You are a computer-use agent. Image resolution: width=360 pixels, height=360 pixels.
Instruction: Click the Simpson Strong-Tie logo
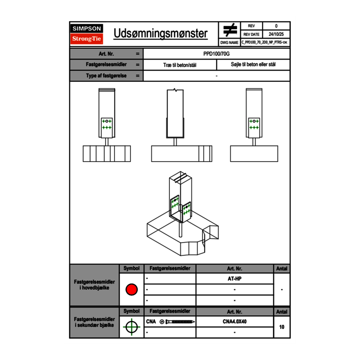87,34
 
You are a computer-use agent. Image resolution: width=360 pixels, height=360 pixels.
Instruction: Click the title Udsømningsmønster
160,34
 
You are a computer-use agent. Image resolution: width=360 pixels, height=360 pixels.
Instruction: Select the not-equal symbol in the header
230,30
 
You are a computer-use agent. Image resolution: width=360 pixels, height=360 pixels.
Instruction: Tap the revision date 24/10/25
276,34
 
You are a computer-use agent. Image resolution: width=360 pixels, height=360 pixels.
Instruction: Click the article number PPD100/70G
217,54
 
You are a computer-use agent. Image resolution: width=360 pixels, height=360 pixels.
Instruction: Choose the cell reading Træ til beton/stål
180,65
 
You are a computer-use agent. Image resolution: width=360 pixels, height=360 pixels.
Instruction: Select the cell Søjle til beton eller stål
253,65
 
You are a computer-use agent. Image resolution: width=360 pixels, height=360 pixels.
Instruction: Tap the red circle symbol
131,290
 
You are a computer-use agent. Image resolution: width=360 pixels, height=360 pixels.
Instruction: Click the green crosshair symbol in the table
131,327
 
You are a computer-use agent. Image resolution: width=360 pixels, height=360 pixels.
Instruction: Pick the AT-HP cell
234,279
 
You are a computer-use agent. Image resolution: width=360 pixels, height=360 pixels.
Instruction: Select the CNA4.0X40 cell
234,322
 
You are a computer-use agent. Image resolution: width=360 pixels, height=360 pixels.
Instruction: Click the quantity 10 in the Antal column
281,327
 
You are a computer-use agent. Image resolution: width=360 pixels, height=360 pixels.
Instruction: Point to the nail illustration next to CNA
178,322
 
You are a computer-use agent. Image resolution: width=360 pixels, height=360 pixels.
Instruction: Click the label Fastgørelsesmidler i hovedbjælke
94,285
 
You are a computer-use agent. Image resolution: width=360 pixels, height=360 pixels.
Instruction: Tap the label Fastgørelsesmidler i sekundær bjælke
94,322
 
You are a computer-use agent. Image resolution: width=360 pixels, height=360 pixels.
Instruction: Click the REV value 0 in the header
276,26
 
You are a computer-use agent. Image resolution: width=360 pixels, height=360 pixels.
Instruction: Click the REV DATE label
251,34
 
